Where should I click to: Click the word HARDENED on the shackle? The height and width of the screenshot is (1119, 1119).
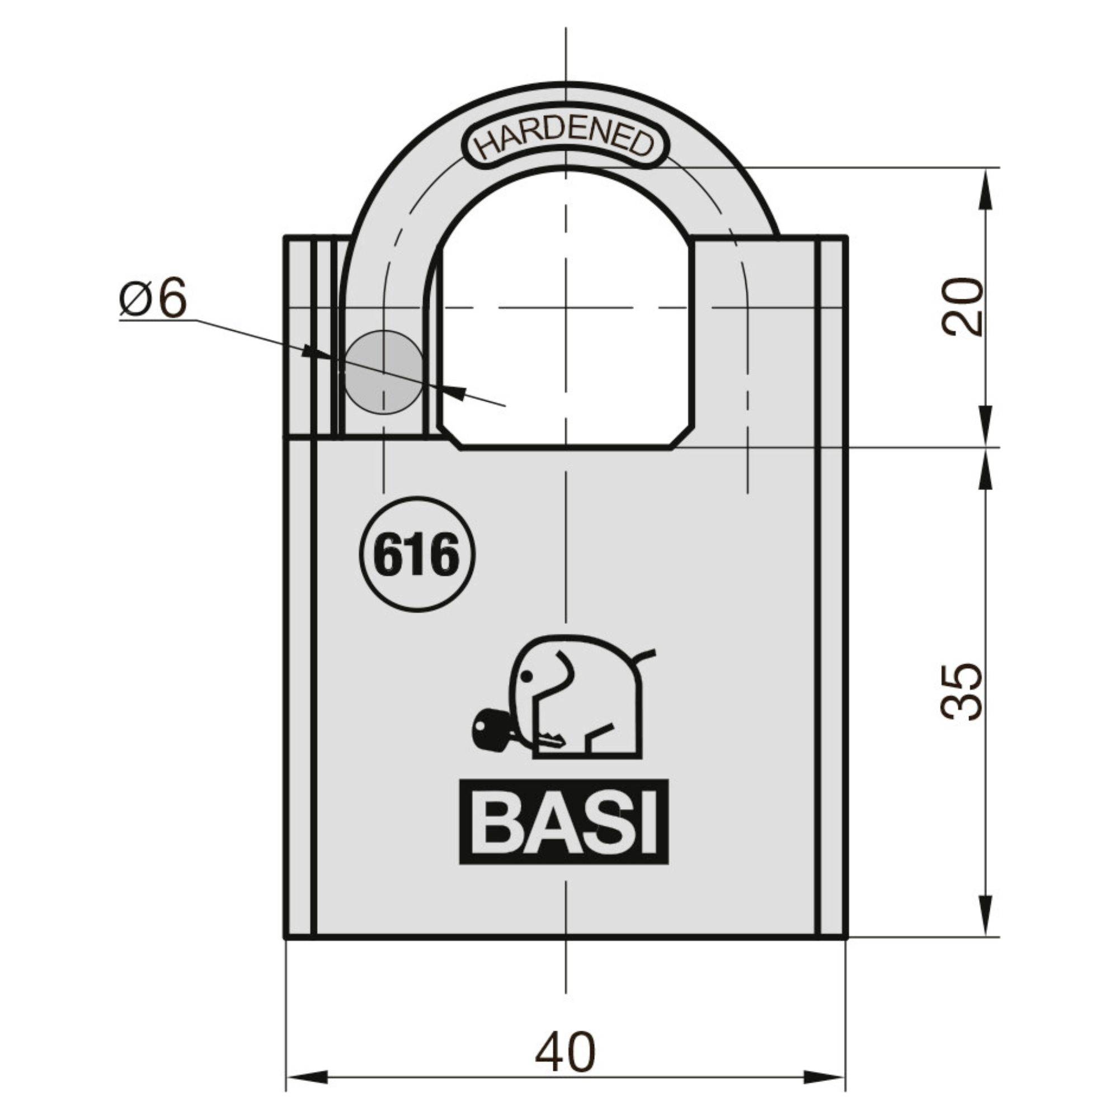565,141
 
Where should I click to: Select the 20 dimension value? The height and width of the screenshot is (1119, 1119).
962,307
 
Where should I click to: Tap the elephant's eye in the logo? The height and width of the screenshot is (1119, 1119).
526,675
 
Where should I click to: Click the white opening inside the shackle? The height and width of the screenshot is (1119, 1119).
565,325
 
